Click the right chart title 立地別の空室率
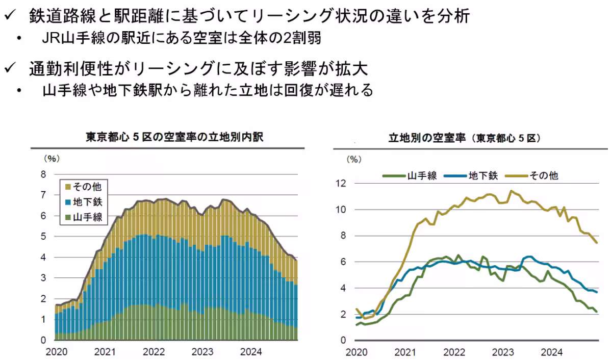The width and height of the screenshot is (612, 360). click(464, 138)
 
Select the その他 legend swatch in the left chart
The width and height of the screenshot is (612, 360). click(68, 187)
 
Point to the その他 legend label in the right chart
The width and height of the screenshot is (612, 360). click(544, 175)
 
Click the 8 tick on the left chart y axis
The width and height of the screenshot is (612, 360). click(43, 174)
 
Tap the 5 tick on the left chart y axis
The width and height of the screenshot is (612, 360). click(43, 237)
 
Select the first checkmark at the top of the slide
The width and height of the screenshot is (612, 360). click(11, 16)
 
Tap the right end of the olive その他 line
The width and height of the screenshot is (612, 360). click(597, 243)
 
